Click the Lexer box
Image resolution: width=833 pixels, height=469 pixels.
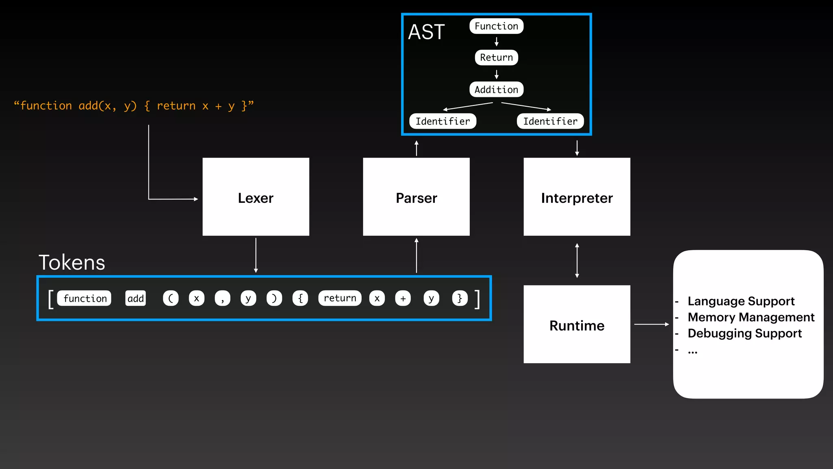pyautogui.click(x=256, y=197)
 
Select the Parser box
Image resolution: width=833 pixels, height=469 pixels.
pyautogui.click(x=416, y=197)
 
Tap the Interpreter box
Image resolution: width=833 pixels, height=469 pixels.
pyautogui.click(x=577, y=197)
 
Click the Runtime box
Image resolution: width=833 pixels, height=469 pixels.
pyautogui.click(x=577, y=324)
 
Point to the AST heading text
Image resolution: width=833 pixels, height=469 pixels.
pyautogui.click(x=426, y=32)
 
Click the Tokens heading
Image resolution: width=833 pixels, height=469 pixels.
pyautogui.click(x=72, y=262)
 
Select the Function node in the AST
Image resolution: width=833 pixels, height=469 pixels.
pyautogui.click(x=496, y=26)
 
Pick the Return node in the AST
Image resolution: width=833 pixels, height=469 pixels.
pyautogui.click(x=496, y=57)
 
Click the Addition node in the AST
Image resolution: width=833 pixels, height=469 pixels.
pyautogui.click(x=496, y=90)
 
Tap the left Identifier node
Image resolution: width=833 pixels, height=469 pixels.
pyautogui.click(x=443, y=121)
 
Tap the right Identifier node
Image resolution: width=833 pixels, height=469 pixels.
pyautogui.click(x=550, y=121)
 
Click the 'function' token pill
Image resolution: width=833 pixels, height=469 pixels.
pyautogui.click(x=85, y=298)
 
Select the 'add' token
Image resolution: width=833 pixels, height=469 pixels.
pyautogui.click(x=135, y=298)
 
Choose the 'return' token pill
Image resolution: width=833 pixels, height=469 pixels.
pyautogui.click(x=340, y=298)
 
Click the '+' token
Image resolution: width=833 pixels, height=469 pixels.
pyautogui.click(x=403, y=298)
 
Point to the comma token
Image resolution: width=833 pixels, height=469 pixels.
pyautogui.click(x=222, y=298)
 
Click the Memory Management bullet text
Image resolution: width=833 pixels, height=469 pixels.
pyautogui.click(x=750, y=317)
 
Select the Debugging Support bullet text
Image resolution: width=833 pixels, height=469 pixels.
pyautogui.click(x=744, y=333)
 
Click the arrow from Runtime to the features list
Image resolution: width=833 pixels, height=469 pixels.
pyautogui.click(x=651, y=324)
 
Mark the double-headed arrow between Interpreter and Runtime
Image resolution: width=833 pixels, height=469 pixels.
pyautogui.click(x=577, y=261)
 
